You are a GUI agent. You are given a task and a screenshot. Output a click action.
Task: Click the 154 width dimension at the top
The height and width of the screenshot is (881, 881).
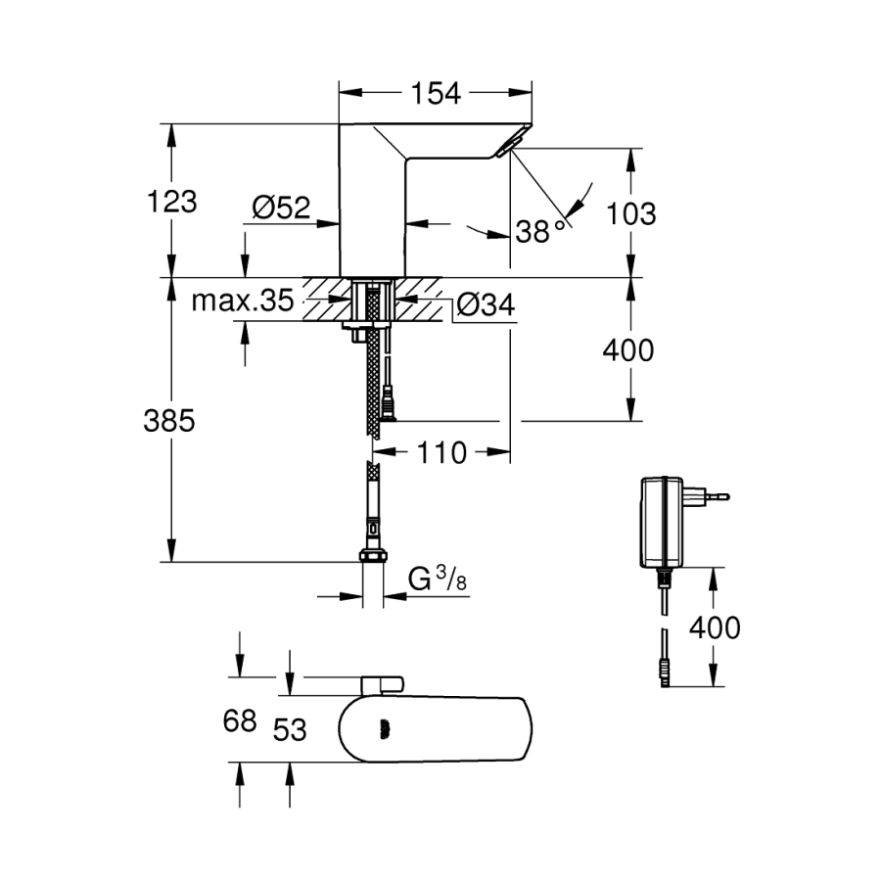point(435,93)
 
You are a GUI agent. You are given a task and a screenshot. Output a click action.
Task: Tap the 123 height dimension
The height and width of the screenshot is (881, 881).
point(171,202)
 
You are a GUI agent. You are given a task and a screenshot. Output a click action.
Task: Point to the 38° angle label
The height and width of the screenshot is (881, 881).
point(540,231)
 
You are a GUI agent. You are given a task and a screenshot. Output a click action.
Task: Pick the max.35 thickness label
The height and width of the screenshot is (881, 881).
point(241,301)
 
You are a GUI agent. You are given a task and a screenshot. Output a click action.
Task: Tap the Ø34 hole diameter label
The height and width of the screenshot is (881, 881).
point(485,305)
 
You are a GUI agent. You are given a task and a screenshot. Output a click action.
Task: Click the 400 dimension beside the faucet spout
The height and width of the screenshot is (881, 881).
point(626,349)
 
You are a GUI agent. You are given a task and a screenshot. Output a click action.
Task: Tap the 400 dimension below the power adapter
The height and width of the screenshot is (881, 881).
point(714,627)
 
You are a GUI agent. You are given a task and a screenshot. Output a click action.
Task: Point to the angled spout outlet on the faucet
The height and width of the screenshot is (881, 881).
point(508,147)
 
